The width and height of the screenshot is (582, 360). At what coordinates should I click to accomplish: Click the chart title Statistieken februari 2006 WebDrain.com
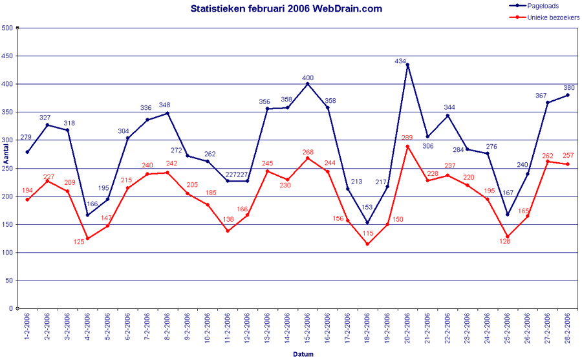(x=286, y=8)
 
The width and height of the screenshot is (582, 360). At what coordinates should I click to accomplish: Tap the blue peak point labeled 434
(x=407, y=65)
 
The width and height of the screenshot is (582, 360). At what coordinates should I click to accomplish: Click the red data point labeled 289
(x=407, y=146)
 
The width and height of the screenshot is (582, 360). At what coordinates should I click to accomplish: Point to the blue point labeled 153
(x=367, y=222)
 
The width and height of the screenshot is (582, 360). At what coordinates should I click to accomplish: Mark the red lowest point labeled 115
(x=367, y=244)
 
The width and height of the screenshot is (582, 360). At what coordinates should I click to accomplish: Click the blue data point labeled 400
(x=308, y=84)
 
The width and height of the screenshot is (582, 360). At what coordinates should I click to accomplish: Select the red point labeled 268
(x=308, y=158)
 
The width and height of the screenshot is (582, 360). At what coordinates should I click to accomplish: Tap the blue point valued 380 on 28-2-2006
(x=568, y=95)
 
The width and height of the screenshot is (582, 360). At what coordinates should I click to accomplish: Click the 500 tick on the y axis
(x=7, y=28)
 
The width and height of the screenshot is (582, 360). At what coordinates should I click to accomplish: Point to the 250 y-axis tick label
(x=7, y=168)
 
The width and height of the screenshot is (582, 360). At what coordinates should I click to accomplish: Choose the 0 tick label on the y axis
(x=10, y=309)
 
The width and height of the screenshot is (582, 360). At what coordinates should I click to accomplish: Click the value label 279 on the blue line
(x=26, y=137)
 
